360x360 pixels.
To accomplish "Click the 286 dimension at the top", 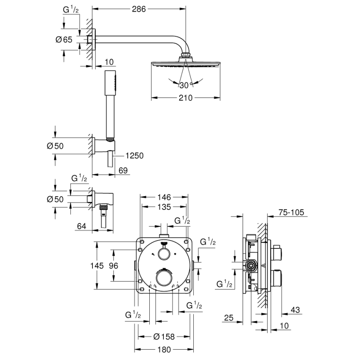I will point(139,10).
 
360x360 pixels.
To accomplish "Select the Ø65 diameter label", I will point(63,39).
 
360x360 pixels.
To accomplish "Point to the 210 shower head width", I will point(185,98).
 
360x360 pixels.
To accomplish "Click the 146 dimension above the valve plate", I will point(163,197).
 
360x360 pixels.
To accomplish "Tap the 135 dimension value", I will point(163,207).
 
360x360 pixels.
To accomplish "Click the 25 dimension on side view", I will point(228,318).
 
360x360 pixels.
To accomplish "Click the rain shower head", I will point(185,64).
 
